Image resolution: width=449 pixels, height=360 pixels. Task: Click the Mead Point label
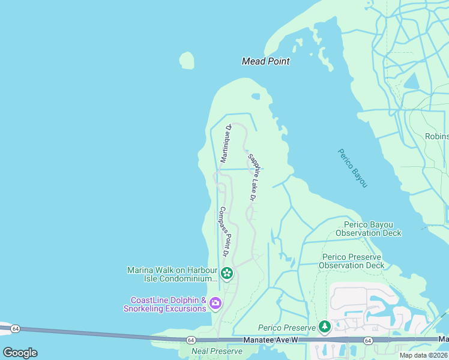[x=265, y=61]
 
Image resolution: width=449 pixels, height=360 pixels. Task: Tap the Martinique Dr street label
[x=226, y=143]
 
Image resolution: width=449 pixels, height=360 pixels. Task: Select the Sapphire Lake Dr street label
[x=253, y=176]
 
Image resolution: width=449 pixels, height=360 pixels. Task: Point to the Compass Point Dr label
[x=224, y=232]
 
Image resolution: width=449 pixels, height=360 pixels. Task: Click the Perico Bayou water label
[x=352, y=168]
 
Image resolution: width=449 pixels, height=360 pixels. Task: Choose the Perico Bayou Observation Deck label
[x=369, y=229]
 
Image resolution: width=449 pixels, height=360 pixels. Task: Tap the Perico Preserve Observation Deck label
[x=351, y=261]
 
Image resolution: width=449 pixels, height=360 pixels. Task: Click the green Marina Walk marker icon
[x=226, y=274]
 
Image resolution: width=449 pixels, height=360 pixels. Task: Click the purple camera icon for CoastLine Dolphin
[x=215, y=304]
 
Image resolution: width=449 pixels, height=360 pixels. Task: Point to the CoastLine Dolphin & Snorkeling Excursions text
[x=165, y=304]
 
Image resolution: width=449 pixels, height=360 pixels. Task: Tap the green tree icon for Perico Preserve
[x=325, y=327]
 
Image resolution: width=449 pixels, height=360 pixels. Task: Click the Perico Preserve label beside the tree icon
[x=287, y=328]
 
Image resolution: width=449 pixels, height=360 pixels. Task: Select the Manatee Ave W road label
[x=270, y=340]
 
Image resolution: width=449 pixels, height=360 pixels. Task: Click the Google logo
[x=20, y=353]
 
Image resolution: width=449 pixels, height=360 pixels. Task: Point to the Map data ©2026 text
[x=423, y=355]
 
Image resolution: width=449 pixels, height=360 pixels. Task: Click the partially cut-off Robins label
[x=436, y=136]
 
